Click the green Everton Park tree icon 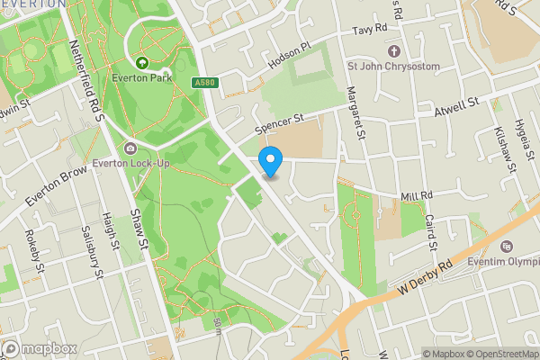tap(141, 62)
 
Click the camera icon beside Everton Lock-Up tap(131, 148)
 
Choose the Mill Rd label tap(417, 194)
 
